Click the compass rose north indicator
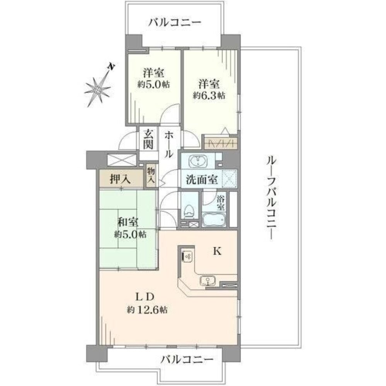[111, 67]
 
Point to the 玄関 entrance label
[149, 140]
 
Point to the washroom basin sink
[199, 160]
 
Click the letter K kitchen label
[217, 252]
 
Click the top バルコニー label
[175, 22]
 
